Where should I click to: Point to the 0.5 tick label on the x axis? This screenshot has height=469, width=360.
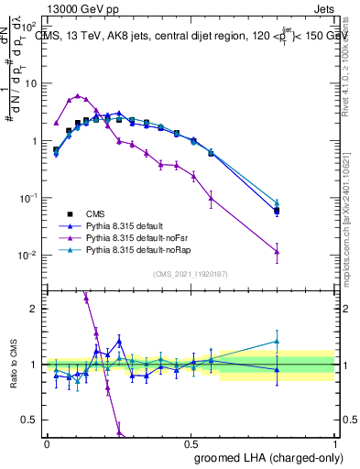pyautogui.click(x=191, y=443)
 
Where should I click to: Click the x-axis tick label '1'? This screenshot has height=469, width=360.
pyautogui.click(x=335, y=443)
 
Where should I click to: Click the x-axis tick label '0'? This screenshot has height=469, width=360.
pyautogui.click(x=47, y=443)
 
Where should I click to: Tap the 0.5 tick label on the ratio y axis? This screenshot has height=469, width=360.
pyautogui.click(x=32, y=420)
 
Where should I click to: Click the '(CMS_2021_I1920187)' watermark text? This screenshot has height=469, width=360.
pyautogui.click(x=191, y=273)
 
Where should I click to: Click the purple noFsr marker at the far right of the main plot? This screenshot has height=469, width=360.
pyautogui.click(x=277, y=252)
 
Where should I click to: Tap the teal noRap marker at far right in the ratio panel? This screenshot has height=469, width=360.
pyautogui.click(x=277, y=342)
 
